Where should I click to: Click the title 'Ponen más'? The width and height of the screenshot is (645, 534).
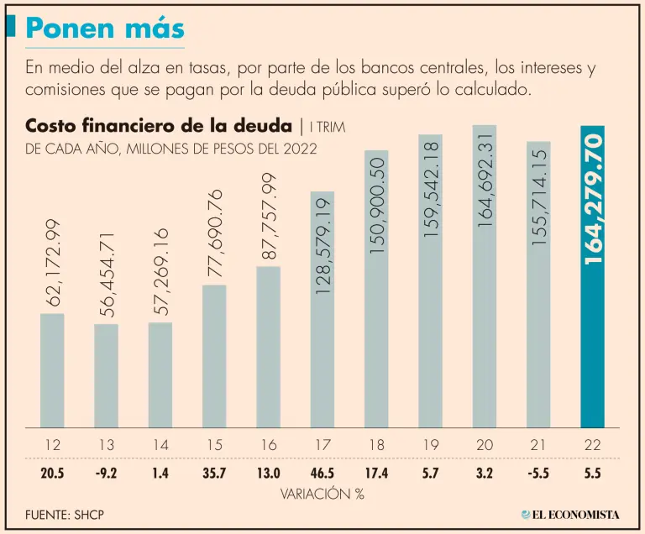coord(104,29)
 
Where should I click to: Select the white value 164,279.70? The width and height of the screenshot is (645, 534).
coord(593,196)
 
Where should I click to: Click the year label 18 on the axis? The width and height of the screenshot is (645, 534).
coord(376,445)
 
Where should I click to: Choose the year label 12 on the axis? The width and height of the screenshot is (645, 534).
coord(52,445)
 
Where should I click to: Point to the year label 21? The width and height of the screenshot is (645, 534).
coord(538,445)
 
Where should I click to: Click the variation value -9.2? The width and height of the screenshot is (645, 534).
coord(106,474)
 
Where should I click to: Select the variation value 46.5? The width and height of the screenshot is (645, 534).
coord(322,474)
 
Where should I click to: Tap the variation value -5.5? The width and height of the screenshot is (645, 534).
coord(538,474)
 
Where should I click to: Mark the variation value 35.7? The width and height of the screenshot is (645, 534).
coord(214,474)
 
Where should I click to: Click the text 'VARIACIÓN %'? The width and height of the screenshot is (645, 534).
coord(322,495)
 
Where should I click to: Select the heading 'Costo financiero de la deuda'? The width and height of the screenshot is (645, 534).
coord(160,127)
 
